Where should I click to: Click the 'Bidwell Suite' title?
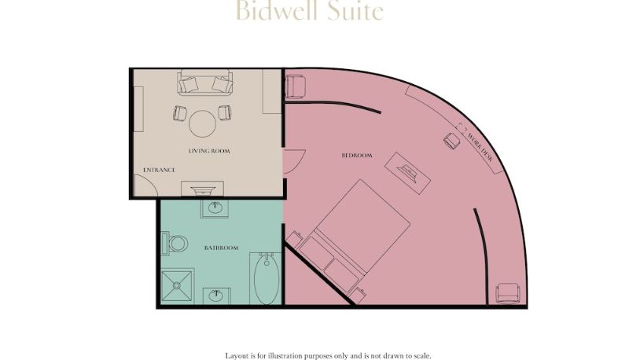click(309, 10)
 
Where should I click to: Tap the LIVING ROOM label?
click(209, 151)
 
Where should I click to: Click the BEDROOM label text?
click(357, 155)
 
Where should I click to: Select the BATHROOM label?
click(221, 248)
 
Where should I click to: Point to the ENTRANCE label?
click(160, 170)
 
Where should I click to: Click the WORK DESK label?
click(480, 147)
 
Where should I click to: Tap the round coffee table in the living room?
click(203, 124)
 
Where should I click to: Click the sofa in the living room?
click(205, 83)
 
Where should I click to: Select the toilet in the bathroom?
click(175, 244)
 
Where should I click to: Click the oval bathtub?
click(267, 278)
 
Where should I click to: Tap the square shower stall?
click(177, 285)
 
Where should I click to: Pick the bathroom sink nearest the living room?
click(215, 208)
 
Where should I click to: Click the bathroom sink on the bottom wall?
click(216, 296)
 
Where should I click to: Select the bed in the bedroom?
click(355, 236)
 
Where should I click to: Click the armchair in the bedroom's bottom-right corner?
click(508, 293)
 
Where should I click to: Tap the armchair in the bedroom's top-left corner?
click(295, 87)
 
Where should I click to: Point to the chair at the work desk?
click(452, 141)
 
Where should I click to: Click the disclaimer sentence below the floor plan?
click(328, 355)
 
